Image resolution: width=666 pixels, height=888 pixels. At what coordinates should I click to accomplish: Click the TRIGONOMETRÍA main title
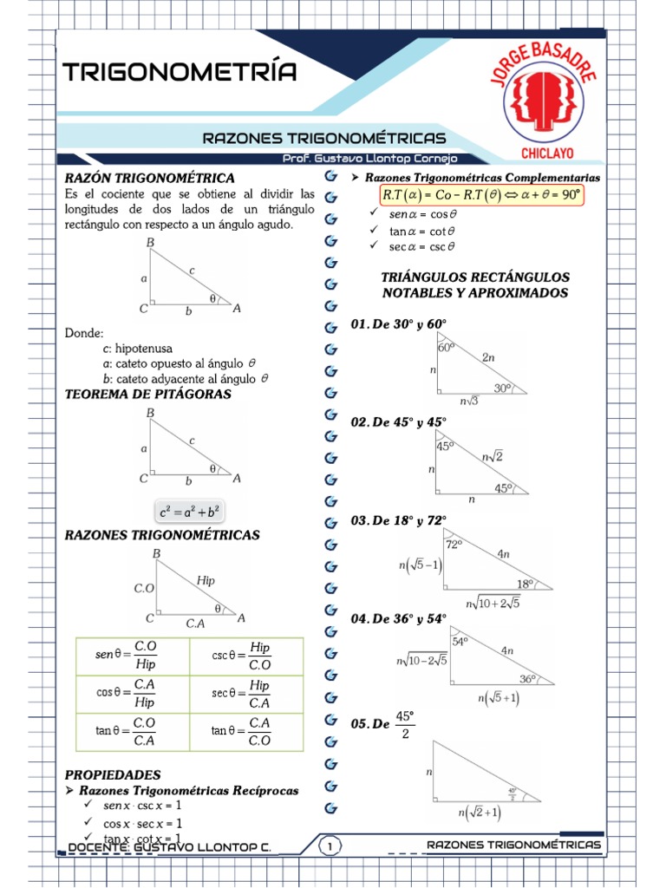pyautogui.click(x=180, y=72)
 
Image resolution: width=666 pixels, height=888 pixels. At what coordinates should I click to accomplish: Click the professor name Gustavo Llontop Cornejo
pyautogui.click(x=369, y=159)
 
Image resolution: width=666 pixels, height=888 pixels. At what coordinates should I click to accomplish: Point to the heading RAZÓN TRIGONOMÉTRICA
pyautogui.click(x=149, y=177)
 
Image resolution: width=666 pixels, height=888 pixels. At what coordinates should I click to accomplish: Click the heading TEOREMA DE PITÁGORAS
pyautogui.click(x=148, y=394)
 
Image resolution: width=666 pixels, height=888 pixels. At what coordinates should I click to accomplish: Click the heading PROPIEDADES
pyautogui.click(x=113, y=774)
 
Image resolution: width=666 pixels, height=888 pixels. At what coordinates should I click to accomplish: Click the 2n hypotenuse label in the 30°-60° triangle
pyautogui.click(x=488, y=356)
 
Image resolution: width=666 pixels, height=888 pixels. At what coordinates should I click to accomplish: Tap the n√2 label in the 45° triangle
pyautogui.click(x=493, y=455)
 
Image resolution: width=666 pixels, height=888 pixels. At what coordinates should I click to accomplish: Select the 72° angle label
pyautogui.click(x=454, y=545)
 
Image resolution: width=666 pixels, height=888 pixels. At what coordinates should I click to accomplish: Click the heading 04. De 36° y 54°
pyautogui.click(x=398, y=619)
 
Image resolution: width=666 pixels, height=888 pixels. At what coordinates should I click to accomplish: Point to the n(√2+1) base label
pyautogui.click(x=479, y=813)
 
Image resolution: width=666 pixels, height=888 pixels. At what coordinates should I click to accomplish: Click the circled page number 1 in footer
pyautogui.click(x=330, y=846)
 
